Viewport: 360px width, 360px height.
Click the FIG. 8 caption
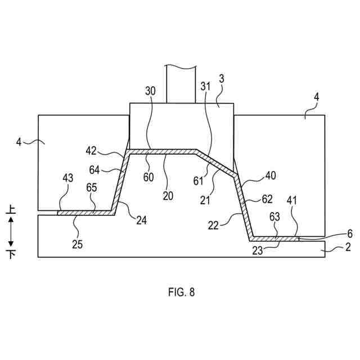point(181,292)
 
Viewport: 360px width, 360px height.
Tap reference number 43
point(67,178)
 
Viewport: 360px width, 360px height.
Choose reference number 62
point(267,199)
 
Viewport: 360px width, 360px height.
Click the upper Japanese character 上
point(11,210)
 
